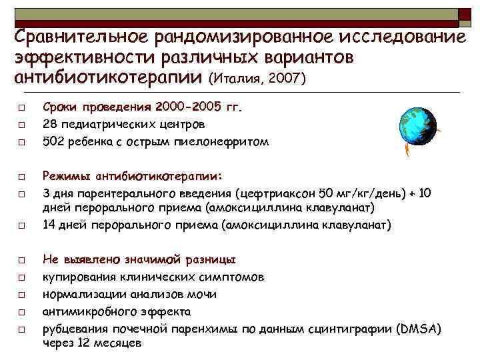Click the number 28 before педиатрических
pos(49,124)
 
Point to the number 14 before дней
pos(49,225)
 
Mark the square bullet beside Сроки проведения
pos(21,107)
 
